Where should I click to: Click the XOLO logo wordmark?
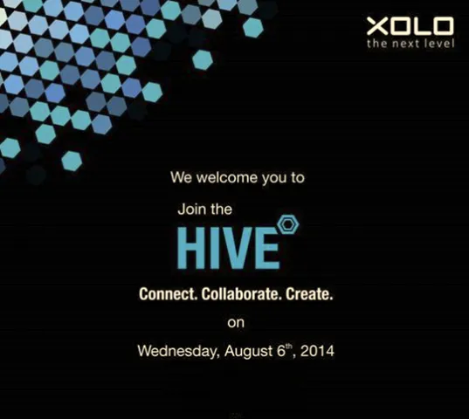410,27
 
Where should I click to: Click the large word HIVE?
228,248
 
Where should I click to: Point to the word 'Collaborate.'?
240,295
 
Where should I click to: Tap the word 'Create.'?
308,295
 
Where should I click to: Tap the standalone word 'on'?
236,323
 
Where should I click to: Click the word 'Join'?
190,209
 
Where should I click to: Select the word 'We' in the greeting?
181,177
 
